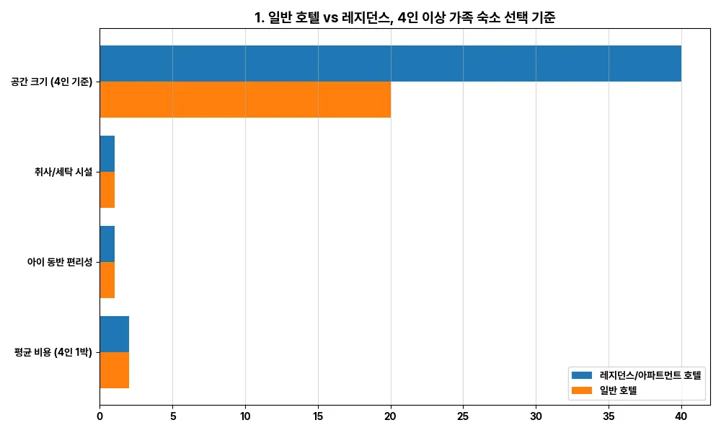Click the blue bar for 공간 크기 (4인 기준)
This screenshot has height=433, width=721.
390,64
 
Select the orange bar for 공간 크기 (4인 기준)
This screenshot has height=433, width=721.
245,100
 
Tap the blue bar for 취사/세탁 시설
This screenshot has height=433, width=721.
107,154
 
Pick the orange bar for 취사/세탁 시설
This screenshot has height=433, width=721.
107,190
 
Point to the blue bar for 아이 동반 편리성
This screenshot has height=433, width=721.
107,244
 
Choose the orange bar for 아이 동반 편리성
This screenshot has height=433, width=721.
107,280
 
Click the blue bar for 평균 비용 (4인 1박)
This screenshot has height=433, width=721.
115,334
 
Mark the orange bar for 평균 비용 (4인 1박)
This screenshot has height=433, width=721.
115,370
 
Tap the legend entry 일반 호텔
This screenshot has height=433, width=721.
621,390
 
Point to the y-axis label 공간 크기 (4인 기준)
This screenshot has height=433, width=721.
51,82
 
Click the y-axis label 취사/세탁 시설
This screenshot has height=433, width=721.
63,172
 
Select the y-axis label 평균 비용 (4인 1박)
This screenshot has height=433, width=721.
53,353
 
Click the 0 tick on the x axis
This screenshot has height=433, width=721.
99,416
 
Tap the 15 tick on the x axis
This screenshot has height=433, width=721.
318,416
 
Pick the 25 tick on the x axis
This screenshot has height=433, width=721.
463,416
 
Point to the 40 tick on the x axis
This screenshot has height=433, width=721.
681,416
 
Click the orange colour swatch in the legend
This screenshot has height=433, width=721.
582,390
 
